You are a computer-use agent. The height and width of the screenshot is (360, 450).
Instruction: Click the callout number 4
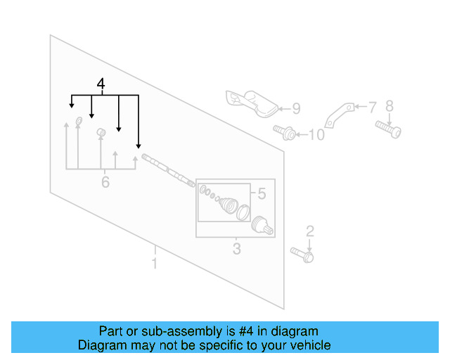coord(101,85)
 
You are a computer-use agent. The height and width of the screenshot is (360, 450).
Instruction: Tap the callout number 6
coord(105,183)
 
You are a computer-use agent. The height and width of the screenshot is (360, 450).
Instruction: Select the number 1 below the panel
coord(155,264)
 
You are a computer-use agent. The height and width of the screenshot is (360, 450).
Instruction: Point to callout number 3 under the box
coord(236,248)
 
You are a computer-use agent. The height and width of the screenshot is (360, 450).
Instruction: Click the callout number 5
coord(262,193)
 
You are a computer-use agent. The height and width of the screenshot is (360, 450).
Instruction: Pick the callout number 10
coord(317,134)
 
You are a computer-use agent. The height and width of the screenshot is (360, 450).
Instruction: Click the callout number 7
coord(373,107)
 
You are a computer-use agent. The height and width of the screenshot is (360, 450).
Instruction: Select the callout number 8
coord(389,107)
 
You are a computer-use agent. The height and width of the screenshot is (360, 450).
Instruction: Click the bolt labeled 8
coord(388,129)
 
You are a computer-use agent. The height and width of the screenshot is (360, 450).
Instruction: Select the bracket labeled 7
coord(337,115)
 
